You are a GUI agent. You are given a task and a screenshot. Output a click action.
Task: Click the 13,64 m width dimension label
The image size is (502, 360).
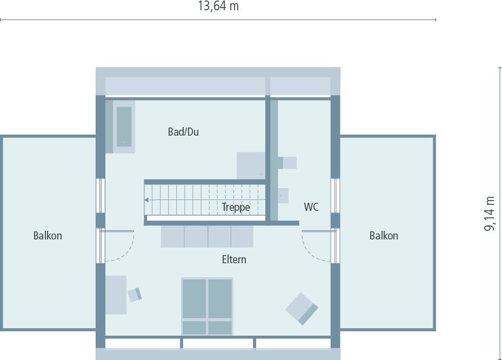click(218, 6)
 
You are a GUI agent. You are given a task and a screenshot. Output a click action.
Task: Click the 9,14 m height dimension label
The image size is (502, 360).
click(489, 214)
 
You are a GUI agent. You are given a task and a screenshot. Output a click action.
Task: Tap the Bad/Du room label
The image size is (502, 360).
click(183, 132)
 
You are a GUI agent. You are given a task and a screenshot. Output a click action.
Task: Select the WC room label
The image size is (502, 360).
click(311, 206)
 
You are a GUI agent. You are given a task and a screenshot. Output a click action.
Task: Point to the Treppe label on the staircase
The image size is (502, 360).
click(236, 207)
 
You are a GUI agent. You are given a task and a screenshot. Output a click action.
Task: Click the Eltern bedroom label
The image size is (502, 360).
click(234, 259)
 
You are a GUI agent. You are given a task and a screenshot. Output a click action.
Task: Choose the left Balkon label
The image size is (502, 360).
click(48, 236)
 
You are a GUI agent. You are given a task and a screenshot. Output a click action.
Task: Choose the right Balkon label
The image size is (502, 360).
click(384, 236)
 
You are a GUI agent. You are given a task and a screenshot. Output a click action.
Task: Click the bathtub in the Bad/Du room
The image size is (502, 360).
click(124, 126)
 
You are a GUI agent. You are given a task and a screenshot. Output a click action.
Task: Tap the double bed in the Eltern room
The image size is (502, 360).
click(207, 306)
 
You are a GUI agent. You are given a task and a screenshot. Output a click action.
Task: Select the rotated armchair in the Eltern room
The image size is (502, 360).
click(302, 308)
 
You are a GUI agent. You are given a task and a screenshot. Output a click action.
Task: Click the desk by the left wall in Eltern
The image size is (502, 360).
click(116, 295)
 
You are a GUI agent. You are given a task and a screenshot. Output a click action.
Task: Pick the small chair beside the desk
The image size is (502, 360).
click(135, 295)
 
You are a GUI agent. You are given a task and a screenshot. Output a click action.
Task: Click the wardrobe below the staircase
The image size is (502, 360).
click(207, 236)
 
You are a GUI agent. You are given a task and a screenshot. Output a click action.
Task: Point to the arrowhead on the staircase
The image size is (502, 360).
click(146, 199)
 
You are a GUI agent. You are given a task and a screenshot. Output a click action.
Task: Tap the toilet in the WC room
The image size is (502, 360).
click(288, 162)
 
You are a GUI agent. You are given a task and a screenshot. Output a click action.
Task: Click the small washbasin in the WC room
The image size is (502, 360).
click(283, 195)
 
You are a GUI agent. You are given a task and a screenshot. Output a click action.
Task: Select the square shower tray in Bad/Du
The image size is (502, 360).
click(251, 165)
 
